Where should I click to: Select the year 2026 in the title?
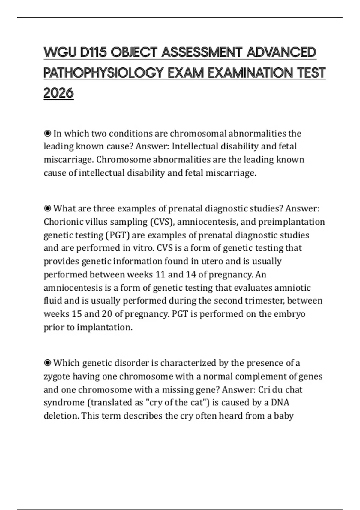58,93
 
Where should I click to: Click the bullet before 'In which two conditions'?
47,133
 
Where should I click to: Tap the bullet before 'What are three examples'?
47,208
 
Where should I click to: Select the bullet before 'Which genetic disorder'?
47,363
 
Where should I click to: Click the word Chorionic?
63,222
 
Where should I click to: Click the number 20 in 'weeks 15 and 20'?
107,314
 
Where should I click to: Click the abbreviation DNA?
280,402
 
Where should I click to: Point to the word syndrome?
64,402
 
